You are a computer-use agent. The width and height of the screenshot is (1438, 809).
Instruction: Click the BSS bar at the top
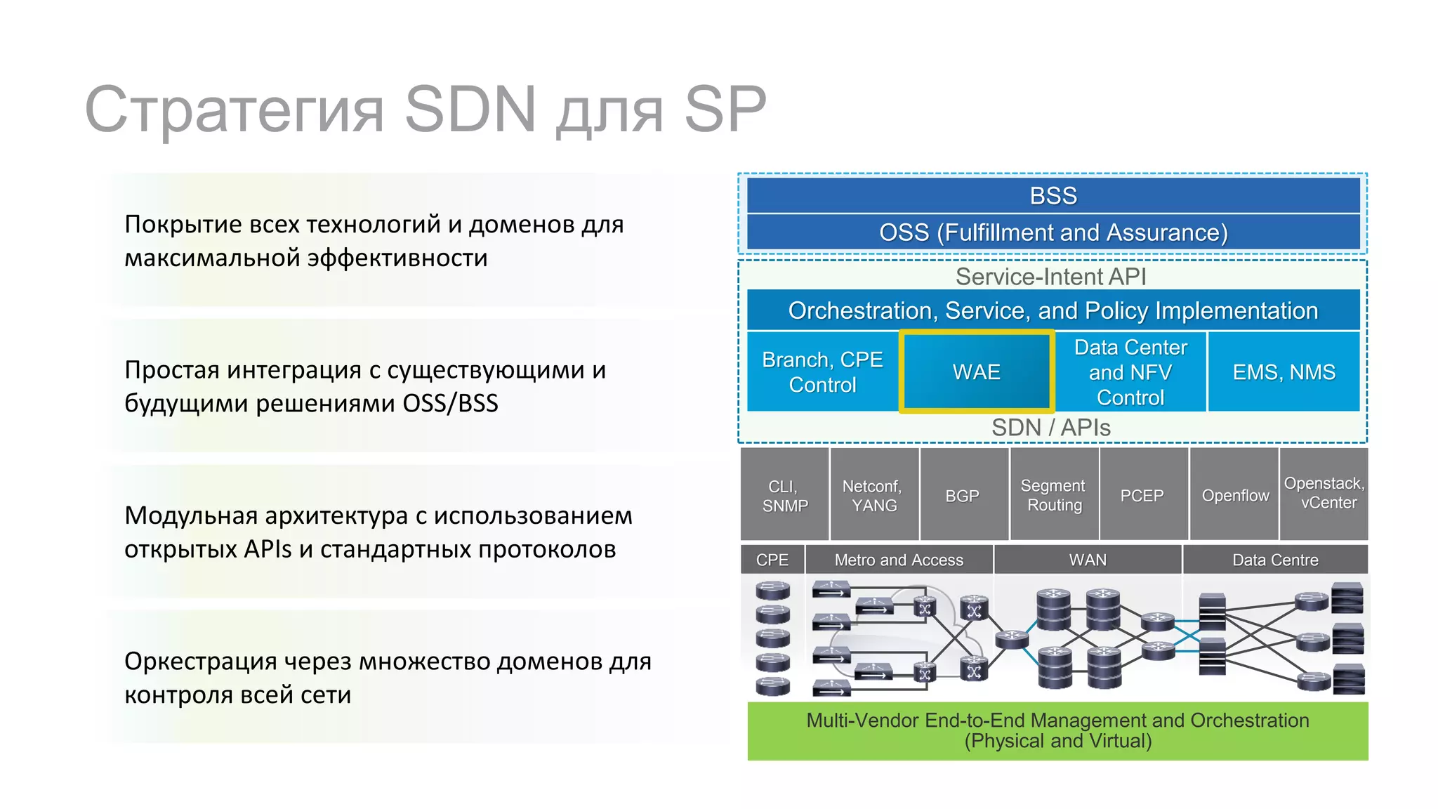pyautogui.click(x=1053, y=195)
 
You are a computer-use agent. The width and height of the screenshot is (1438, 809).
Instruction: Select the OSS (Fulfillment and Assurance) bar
pyautogui.click(x=1053, y=232)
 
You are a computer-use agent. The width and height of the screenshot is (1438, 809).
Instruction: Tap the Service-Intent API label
pyautogui.click(x=1050, y=277)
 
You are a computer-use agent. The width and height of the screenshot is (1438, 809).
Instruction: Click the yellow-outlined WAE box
pyautogui.click(x=976, y=371)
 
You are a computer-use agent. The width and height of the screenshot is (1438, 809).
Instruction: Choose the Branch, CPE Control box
pyautogui.click(x=822, y=371)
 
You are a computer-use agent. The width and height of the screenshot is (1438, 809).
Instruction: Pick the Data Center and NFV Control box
pyautogui.click(x=1130, y=371)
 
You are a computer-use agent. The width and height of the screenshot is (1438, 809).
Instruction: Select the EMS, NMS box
pyautogui.click(x=1284, y=371)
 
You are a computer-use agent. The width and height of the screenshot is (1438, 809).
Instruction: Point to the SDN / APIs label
pyautogui.click(x=1050, y=428)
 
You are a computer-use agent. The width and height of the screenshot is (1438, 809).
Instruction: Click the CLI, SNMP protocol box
pyautogui.click(x=785, y=495)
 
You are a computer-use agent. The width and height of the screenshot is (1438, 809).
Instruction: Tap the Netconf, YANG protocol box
pyautogui.click(x=874, y=495)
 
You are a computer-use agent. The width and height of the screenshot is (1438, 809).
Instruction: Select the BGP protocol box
pyautogui.click(x=963, y=495)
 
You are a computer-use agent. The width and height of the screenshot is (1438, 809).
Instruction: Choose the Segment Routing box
pyautogui.click(x=1053, y=495)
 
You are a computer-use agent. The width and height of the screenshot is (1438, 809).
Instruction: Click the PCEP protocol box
pyautogui.click(x=1142, y=495)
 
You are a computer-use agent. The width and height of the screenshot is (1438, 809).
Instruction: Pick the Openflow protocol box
pyautogui.click(x=1235, y=495)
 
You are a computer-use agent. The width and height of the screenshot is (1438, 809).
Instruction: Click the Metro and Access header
pyautogui.click(x=899, y=560)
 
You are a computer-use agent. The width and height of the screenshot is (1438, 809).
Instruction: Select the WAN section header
pyautogui.click(x=1088, y=560)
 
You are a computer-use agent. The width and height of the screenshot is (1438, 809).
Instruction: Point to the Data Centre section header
pyautogui.click(x=1275, y=560)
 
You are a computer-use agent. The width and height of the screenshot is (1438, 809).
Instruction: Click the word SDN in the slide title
pyautogui.click(x=470, y=110)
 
